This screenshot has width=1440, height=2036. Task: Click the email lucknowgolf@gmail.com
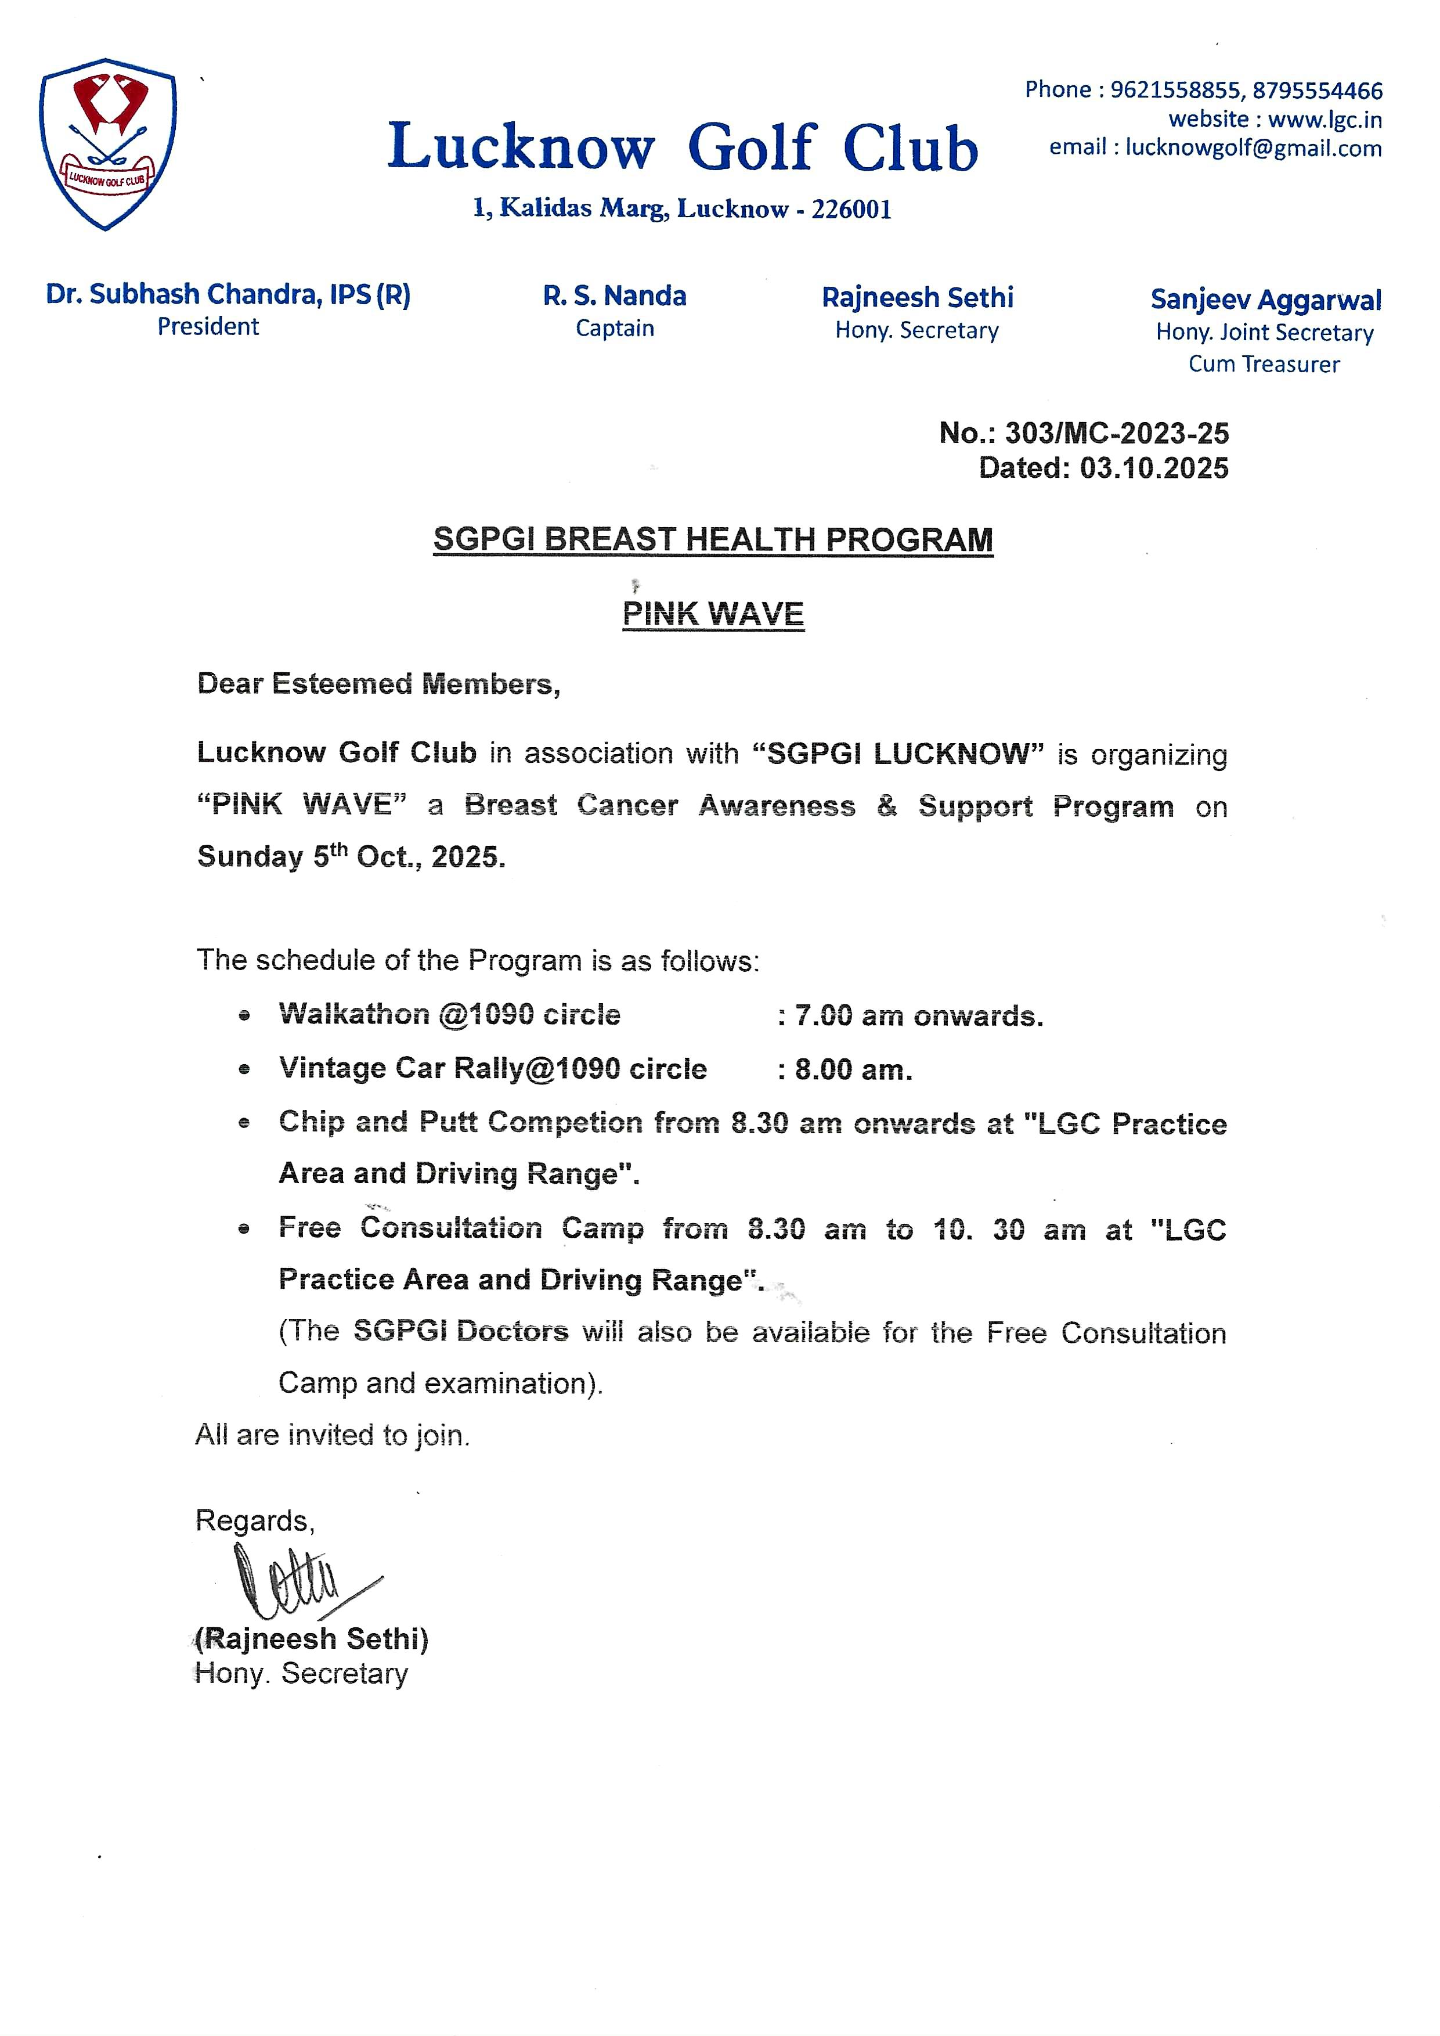[x=1253, y=148]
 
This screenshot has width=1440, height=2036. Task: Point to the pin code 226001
[x=851, y=209]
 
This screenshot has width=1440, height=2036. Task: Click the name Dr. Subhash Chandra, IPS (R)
[x=228, y=294]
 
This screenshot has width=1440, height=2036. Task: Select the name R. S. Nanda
[x=615, y=296]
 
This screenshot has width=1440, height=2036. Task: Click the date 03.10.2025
[x=1154, y=468]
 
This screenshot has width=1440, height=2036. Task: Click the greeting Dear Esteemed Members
[x=378, y=684]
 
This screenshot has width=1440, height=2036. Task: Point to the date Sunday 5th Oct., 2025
[x=351, y=857]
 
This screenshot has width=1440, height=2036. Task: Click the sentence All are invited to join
[x=333, y=1435]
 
